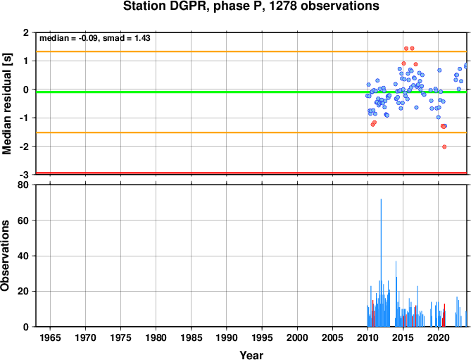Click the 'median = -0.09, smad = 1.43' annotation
tap(95, 38)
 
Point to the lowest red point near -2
tap(444, 147)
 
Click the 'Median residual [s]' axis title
tap(6, 104)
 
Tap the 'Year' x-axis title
tap(251, 355)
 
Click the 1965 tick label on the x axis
tap(50, 337)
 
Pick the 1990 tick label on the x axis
tap(227, 337)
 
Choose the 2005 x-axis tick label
tap(332, 337)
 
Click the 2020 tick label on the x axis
tap(438, 337)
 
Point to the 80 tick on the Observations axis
tap(23, 185)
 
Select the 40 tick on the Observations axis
tap(23, 256)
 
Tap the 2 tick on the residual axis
tap(26, 32)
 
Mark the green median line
tap(251, 92)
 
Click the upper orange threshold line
tap(251, 51)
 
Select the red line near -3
tap(251, 173)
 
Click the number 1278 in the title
tap(282, 6)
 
